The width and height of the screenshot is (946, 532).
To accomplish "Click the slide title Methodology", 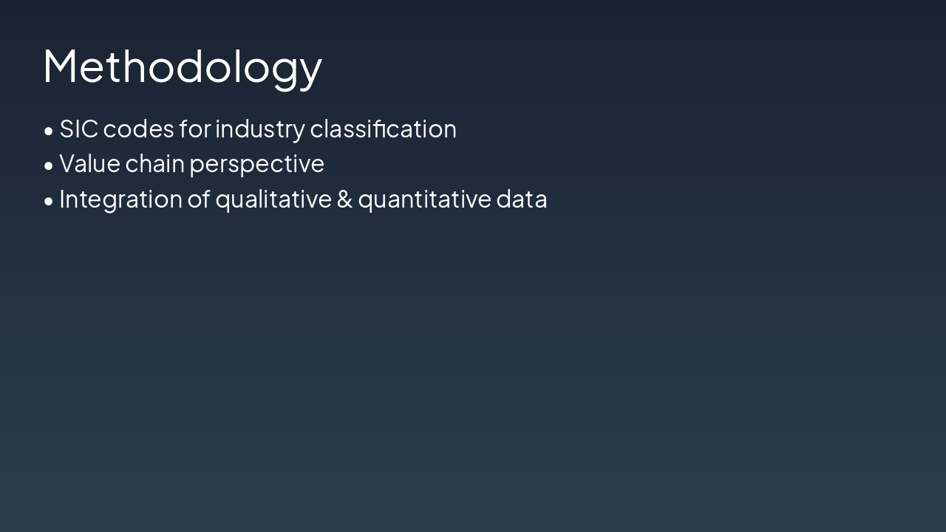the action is (183, 67).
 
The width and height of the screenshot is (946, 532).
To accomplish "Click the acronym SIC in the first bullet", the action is (79, 129).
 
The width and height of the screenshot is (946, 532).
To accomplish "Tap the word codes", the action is (138, 129).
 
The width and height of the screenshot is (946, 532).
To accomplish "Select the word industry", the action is (259, 129).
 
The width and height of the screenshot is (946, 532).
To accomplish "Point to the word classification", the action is (383, 129).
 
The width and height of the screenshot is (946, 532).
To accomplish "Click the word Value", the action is (89, 163).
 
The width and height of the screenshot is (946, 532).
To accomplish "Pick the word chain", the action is (155, 163).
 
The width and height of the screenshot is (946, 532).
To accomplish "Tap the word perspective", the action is (256, 165).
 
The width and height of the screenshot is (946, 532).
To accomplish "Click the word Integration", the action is (120, 199).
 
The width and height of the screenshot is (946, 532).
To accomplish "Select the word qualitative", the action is (273, 199).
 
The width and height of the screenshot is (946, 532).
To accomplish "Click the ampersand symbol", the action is (344, 199).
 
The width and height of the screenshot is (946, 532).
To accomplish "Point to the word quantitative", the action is (424, 199).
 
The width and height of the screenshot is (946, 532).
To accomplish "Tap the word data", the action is (522, 199).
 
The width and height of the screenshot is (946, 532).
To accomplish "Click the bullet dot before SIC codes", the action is (49, 131).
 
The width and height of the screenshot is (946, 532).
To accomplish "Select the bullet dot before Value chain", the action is (49, 166).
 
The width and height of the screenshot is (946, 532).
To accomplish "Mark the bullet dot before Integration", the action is (49, 202).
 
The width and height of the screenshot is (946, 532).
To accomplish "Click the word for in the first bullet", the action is (194, 129).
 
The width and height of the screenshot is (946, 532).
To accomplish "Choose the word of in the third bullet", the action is (199, 199).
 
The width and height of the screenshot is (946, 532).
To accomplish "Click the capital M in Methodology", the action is (60, 66).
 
